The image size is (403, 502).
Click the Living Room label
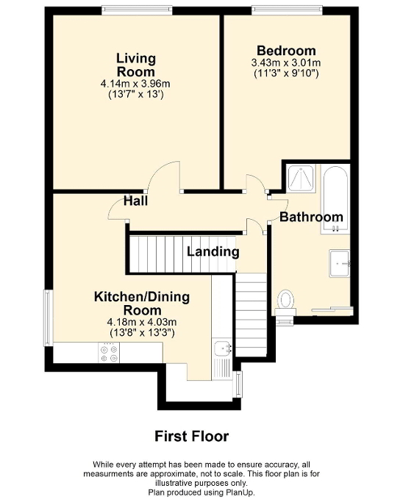click(135, 65)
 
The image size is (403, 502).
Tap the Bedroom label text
click(286, 51)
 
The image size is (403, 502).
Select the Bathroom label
click(311, 217)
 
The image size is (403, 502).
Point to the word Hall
click(135, 201)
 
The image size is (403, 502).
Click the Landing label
click(213, 251)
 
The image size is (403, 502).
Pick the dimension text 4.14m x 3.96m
click(135, 84)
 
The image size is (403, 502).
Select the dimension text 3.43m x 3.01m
click(286, 62)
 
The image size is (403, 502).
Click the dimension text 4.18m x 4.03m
click(142, 322)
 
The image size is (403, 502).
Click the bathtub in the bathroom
click(335, 198)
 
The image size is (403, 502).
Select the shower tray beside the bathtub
click(301, 179)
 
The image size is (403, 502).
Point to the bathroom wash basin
click(340, 263)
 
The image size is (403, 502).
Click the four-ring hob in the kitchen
click(109, 353)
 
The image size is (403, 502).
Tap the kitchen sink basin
click(223, 348)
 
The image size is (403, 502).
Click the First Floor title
click(191, 437)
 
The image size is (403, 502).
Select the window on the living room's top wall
click(137, 10)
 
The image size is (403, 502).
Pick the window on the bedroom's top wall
click(287, 10)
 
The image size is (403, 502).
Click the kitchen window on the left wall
click(49, 318)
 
